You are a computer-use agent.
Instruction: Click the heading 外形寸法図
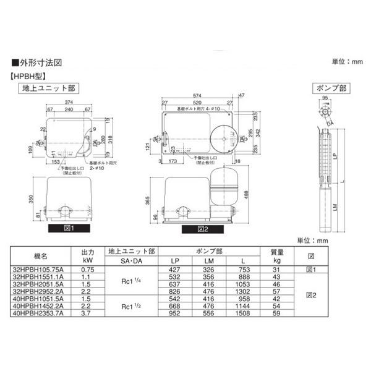[x=40, y=64]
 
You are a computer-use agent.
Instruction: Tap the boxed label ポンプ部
[x=329, y=88]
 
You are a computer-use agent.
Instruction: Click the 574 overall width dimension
[x=196, y=96]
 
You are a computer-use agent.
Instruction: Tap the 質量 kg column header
[x=277, y=255]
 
